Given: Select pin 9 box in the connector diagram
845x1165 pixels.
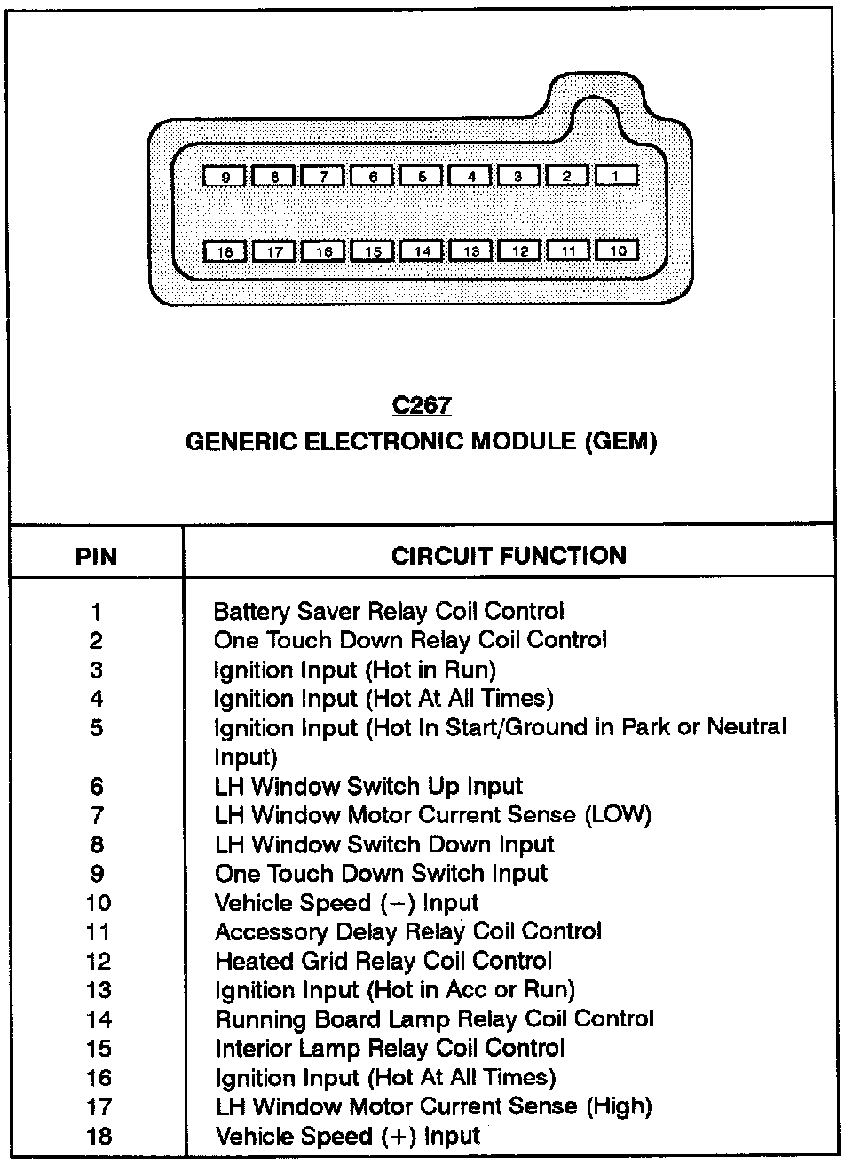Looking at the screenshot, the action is coord(226,177).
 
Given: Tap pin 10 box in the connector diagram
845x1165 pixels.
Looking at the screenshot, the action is coord(619,251).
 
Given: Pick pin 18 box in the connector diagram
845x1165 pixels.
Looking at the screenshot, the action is coord(226,252).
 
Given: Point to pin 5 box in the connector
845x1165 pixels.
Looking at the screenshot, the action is coord(422,177).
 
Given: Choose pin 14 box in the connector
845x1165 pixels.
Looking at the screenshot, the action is coord(422,252).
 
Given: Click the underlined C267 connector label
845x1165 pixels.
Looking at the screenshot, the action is coord(422,406).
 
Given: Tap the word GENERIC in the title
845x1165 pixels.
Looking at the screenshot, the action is coord(235,442).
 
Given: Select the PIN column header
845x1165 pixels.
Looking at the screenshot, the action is coord(95,557).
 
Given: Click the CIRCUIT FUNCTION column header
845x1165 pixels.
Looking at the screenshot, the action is coord(509,556).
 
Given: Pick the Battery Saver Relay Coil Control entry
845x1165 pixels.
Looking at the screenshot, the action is coord(389,611).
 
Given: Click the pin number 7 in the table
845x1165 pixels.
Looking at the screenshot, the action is coord(97,815).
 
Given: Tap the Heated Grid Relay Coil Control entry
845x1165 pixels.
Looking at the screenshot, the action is coord(383,961).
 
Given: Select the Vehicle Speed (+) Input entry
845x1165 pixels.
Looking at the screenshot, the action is coord(347,1136).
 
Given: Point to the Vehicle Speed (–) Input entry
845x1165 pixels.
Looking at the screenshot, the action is coord(347,903).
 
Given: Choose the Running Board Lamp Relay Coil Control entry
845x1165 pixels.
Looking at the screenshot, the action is coord(434,1018).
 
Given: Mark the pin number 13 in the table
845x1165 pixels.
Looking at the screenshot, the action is coord(99,990).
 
